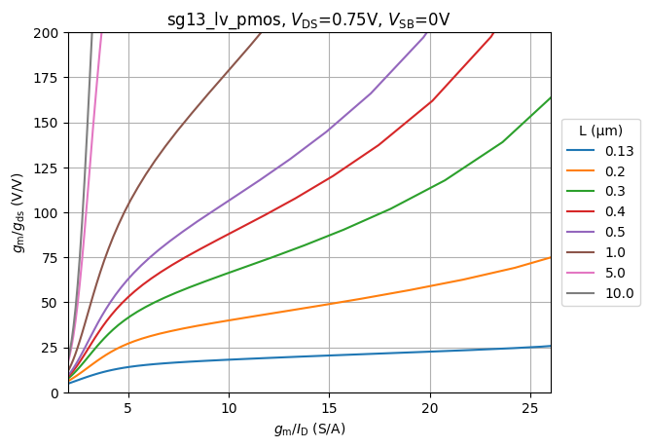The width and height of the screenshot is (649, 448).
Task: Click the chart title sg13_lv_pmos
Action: click(308, 19)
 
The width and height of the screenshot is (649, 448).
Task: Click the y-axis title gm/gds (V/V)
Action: click(18, 212)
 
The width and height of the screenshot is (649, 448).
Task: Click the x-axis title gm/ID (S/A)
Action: click(308, 429)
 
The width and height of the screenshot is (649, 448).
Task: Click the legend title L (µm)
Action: click(600, 131)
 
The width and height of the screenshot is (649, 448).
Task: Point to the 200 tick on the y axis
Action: click(50, 33)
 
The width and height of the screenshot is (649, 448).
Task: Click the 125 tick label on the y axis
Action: click(50, 168)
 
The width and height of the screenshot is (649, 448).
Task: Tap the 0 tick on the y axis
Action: click(56, 392)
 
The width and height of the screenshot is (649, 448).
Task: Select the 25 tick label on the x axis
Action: click(530, 408)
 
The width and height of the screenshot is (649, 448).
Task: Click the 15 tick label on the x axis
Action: click(329, 408)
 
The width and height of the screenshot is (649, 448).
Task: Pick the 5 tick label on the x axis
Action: click(127, 408)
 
